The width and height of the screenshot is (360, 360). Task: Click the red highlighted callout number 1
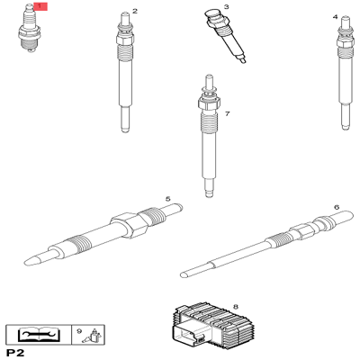[39, 6]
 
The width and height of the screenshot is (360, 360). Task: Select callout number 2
[135, 12]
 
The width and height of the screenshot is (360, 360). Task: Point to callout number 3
[226, 6]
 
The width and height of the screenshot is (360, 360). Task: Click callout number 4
[335, 17]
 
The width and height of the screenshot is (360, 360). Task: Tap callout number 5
[167, 199]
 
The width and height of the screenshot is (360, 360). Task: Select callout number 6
[336, 207]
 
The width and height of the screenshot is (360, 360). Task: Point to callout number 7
[228, 114]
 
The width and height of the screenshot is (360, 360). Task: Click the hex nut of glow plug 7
[207, 106]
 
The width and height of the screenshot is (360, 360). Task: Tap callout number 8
[235, 307]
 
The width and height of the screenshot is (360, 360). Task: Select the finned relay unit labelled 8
[207, 326]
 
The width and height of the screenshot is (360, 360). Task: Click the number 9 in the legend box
[79, 331]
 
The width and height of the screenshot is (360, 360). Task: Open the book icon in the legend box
[39, 335]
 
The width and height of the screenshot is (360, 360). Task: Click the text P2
[14, 353]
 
